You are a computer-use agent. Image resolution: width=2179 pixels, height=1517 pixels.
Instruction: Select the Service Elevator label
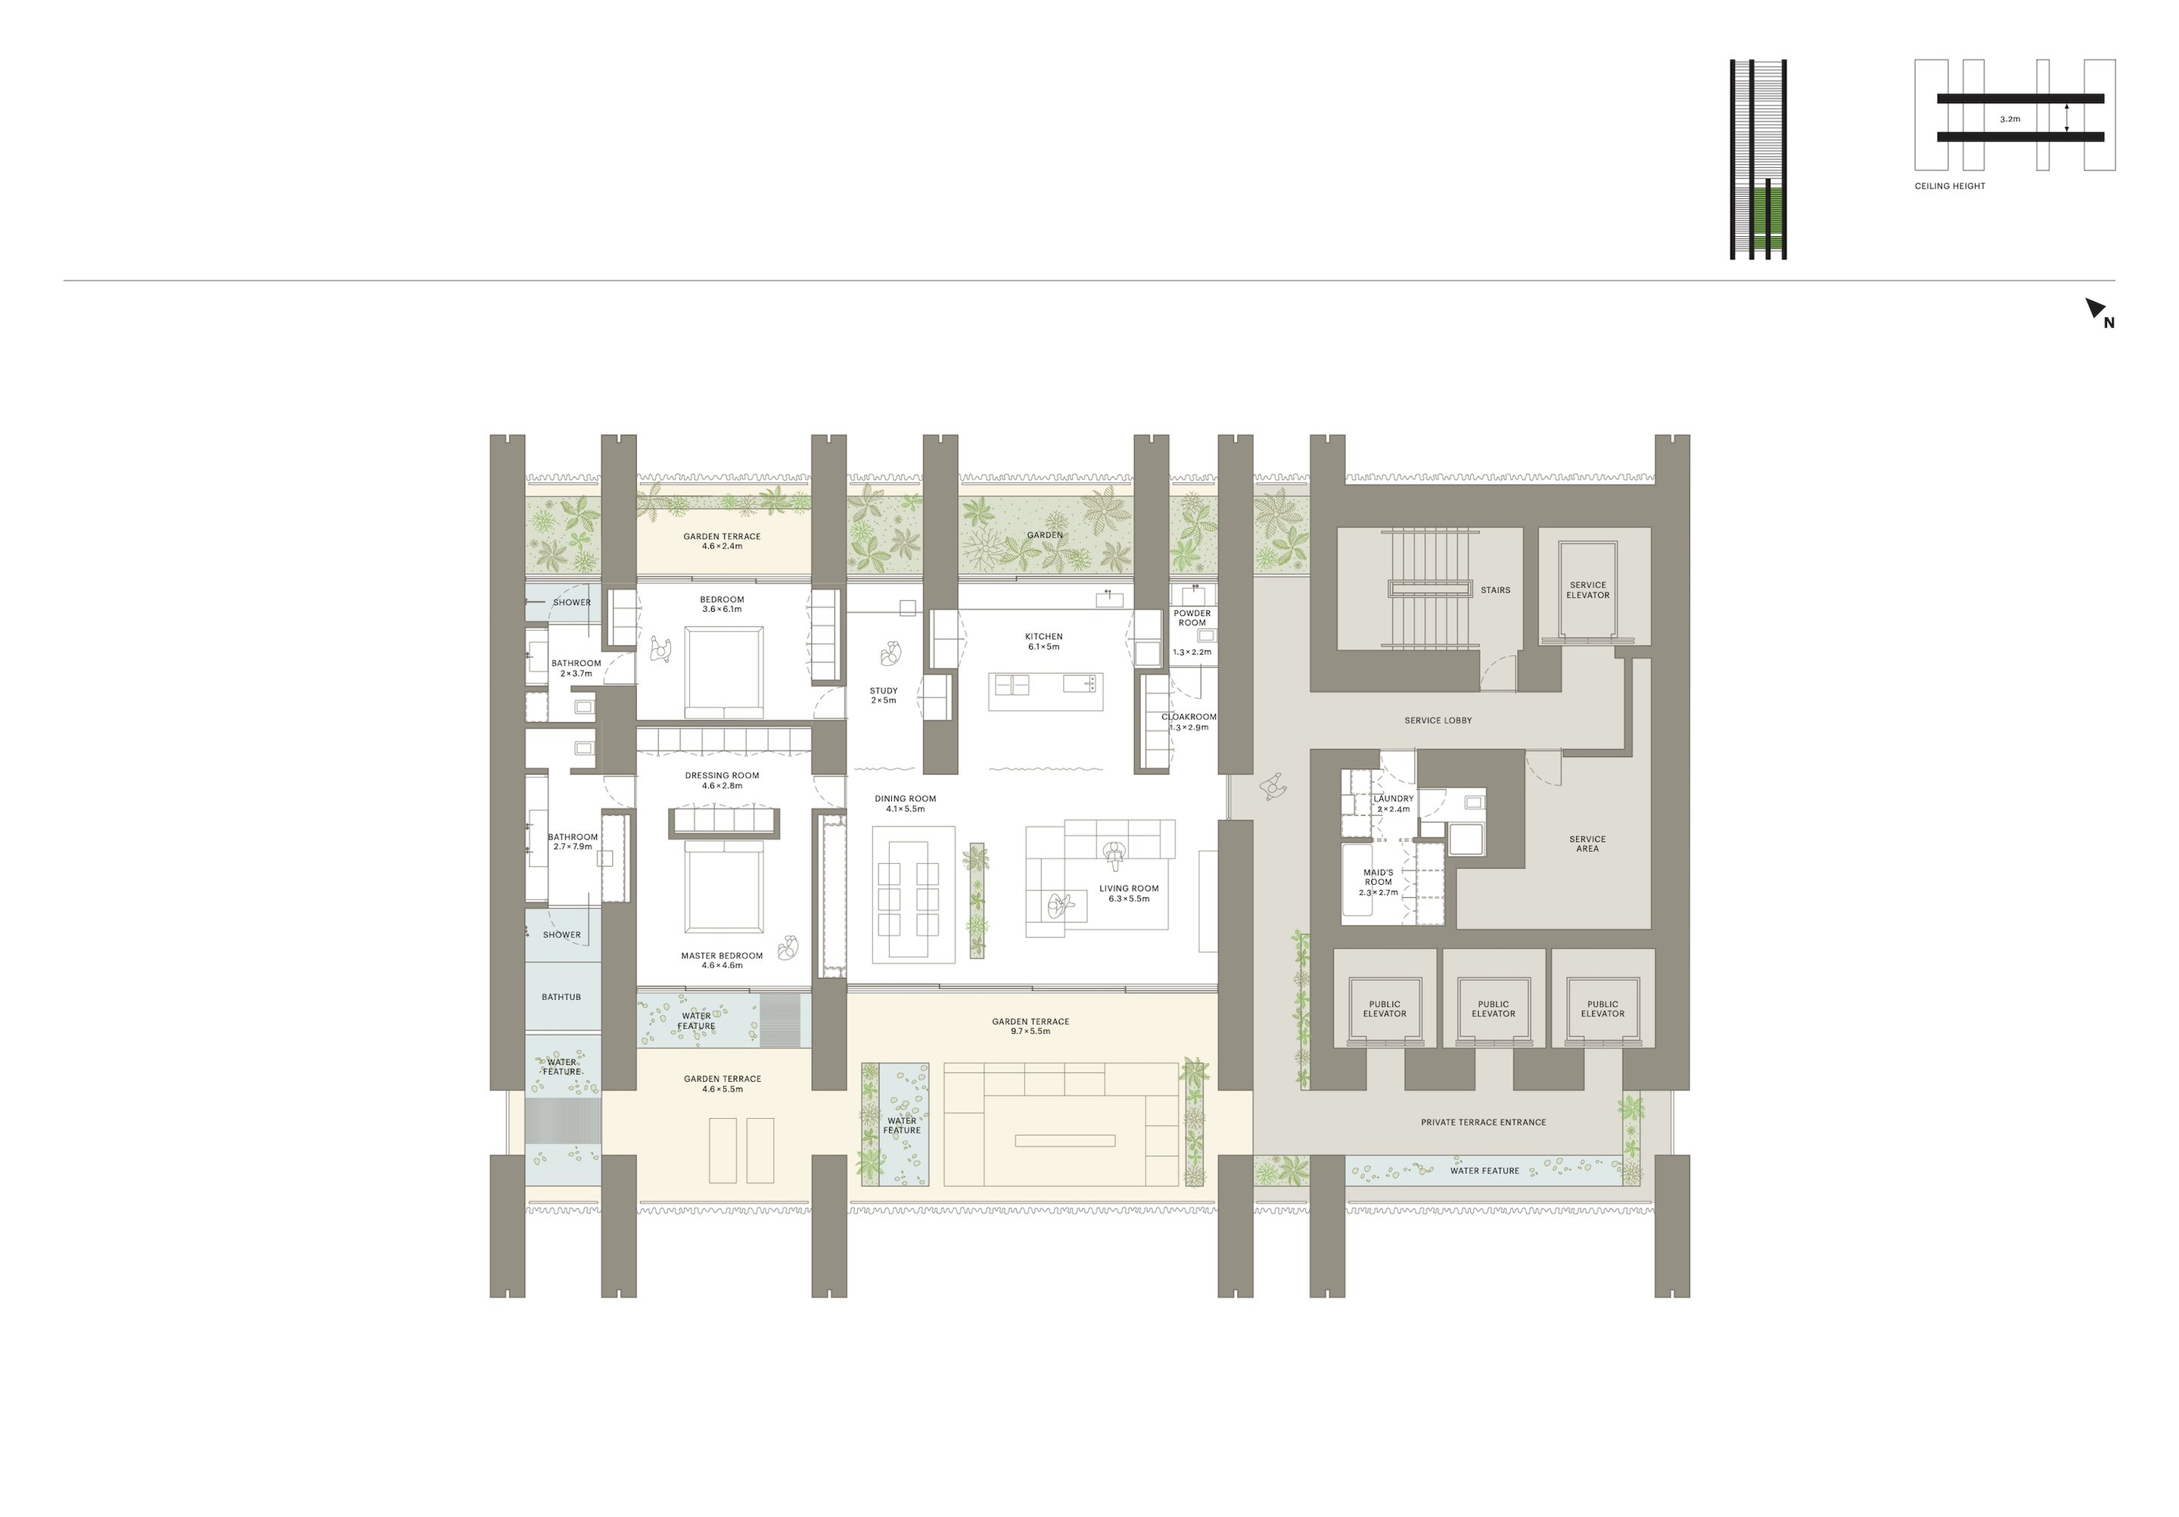pyautogui.click(x=1588, y=590)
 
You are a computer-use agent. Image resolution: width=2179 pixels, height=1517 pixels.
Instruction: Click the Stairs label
pyautogui.click(x=1495, y=590)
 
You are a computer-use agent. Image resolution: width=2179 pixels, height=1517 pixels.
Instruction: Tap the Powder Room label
pyautogui.click(x=1192, y=618)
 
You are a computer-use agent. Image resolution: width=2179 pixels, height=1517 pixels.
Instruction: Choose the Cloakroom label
pyautogui.click(x=1189, y=718)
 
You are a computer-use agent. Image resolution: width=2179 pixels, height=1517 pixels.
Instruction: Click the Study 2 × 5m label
pyautogui.click(x=884, y=696)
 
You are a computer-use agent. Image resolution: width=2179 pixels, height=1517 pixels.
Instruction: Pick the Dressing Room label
pyautogui.click(x=723, y=776)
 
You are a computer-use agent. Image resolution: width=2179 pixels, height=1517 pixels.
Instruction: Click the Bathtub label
pyautogui.click(x=561, y=997)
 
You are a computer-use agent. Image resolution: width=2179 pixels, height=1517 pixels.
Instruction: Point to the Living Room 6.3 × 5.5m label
pyautogui.click(x=1128, y=893)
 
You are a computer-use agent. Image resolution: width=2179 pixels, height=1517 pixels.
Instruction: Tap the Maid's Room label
pyautogui.click(x=1378, y=877)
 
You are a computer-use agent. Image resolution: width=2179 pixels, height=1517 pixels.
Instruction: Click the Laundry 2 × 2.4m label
pyautogui.click(x=1393, y=804)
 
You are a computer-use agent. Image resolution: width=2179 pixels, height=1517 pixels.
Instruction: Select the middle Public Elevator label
pyautogui.click(x=1494, y=1009)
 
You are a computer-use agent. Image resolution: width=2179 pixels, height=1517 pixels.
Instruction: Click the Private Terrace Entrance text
pyautogui.click(x=1484, y=1122)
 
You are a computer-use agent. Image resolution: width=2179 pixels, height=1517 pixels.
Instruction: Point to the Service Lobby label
pyautogui.click(x=1438, y=721)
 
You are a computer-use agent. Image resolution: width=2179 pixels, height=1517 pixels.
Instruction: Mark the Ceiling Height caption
pyautogui.click(x=1949, y=186)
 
